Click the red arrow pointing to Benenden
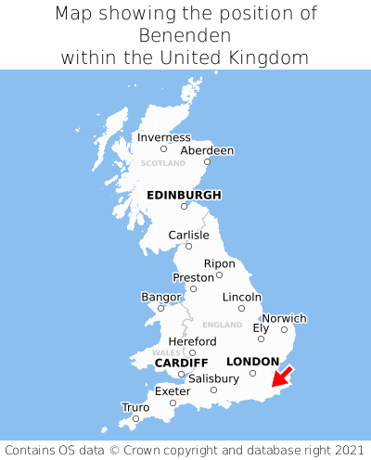click(282, 376)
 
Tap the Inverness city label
click(163, 137)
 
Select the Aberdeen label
click(207, 150)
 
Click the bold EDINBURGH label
click(184, 195)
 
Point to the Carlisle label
click(188, 236)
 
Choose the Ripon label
click(219, 263)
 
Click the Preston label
click(193, 277)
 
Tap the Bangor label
click(160, 297)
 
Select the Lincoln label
click(242, 297)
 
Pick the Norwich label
click(284, 318)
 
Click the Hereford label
click(192, 341)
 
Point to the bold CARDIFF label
click(181, 362)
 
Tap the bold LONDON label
click(252, 361)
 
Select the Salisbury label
click(213, 378)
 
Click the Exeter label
click(173, 391)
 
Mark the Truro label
click(135, 407)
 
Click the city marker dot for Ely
click(261, 339)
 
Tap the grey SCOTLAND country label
click(163, 163)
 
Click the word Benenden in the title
click(185, 35)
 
